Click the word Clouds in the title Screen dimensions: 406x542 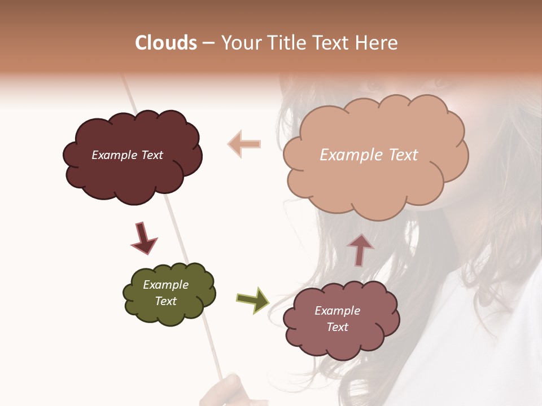[x=166, y=43]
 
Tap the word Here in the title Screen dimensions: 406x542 [x=378, y=43]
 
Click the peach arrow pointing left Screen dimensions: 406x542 [x=244, y=143]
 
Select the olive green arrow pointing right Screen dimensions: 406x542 [x=253, y=299]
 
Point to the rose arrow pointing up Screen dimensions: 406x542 [x=360, y=249]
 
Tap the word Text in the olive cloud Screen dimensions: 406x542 [x=166, y=301]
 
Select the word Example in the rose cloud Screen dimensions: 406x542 [x=337, y=311]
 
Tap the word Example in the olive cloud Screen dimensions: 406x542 [x=166, y=285]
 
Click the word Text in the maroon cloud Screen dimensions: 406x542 [x=152, y=155]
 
